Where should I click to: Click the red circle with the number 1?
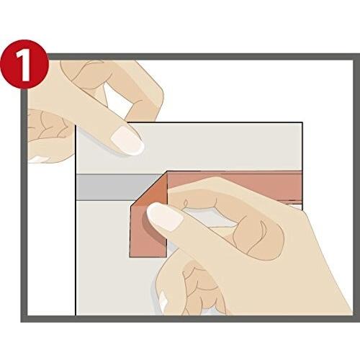(x=24, y=64)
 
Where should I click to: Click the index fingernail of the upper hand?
(x=127, y=141)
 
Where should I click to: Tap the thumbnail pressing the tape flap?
(x=165, y=217)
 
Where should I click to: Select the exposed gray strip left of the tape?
(x=117, y=187)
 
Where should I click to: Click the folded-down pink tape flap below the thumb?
(x=147, y=243)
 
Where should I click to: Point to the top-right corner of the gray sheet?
(x=302, y=123)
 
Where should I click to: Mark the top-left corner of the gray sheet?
(x=76, y=125)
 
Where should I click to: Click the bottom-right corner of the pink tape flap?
(x=167, y=258)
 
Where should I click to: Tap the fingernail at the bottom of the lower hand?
(x=163, y=301)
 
